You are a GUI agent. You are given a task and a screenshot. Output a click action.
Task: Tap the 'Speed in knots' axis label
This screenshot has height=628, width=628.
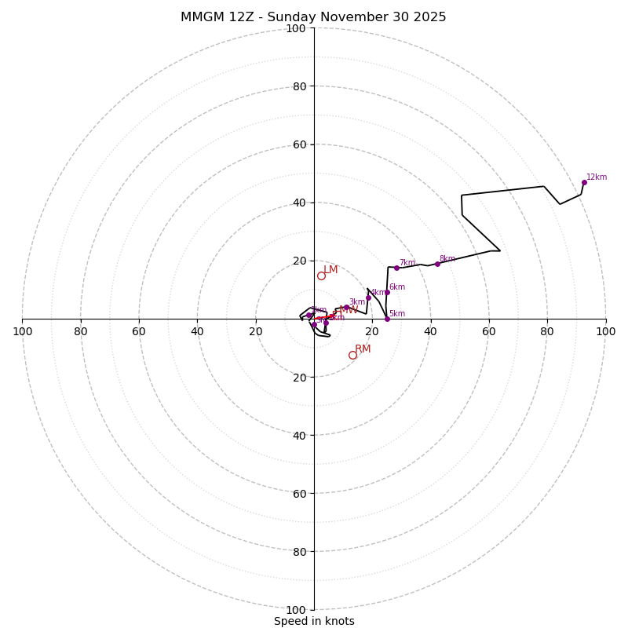pyautogui.click(x=314, y=621)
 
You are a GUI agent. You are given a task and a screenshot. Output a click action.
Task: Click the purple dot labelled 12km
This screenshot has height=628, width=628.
pyautogui.click(x=584, y=183)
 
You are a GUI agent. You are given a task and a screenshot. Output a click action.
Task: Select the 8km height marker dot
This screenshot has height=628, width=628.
pyautogui.click(x=437, y=264)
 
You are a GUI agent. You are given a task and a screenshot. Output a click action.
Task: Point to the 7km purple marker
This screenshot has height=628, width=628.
pyautogui.click(x=396, y=268)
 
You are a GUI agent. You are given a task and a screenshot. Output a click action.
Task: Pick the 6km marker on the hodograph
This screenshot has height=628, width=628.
pyautogui.click(x=387, y=292)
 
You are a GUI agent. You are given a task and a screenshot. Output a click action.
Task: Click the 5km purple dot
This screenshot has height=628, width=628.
pyautogui.click(x=387, y=319)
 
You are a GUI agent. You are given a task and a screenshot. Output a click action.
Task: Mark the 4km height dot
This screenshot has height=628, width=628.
pyautogui.click(x=368, y=298)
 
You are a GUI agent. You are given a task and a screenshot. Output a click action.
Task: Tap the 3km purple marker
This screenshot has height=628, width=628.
pyautogui.click(x=346, y=307)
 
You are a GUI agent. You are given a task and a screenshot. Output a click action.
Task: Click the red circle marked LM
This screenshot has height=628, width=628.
pyautogui.click(x=321, y=276)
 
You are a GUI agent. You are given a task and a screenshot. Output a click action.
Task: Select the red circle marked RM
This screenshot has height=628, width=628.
pyautogui.click(x=352, y=355)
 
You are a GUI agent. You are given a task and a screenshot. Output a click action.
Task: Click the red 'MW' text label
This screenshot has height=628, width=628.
pyautogui.click(x=349, y=310)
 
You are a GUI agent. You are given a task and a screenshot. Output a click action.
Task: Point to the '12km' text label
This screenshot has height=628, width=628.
pyautogui.click(x=597, y=177)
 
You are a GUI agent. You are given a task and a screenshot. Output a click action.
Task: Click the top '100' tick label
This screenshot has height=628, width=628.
pyautogui.click(x=296, y=28)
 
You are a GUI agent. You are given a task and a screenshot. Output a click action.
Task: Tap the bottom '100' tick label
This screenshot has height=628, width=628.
pyautogui.click(x=296, y=610)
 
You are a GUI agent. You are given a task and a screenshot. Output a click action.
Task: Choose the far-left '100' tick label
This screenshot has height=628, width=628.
pyautogui.click(x=22, y=331)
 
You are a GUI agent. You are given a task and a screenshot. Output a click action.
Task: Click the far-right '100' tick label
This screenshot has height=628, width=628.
pyautogui.click(x=606, y=331)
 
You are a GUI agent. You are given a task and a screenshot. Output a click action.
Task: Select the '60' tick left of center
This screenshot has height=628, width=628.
pyautogui.click(x=139, y=331)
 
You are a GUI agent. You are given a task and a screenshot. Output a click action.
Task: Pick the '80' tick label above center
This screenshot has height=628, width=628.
pyautogui.click(x=299, y=86)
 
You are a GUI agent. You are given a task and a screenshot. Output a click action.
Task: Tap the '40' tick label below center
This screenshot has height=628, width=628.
pyautogui.click(x=299, y=435)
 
